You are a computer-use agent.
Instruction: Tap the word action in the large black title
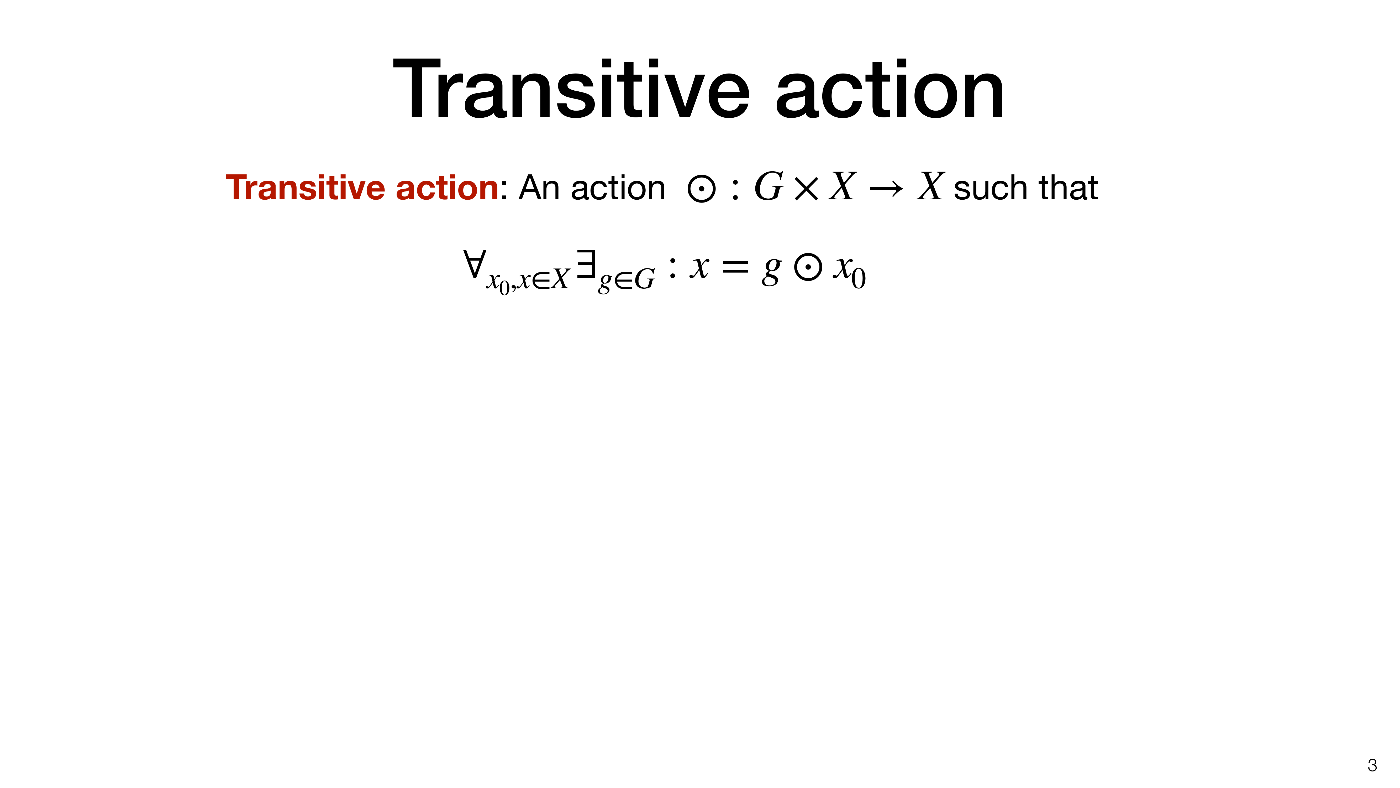point(890,90)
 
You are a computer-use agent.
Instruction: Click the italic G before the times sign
point(769,186)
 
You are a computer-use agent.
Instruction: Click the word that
point(1069,188)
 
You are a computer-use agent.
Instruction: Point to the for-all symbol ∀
point(475,264)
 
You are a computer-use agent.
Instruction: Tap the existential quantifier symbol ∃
point(586,264)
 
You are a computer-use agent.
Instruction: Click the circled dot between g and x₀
point(808,268)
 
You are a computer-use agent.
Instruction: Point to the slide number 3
point(1372,766)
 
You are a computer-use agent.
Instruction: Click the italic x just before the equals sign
point(700,268)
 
